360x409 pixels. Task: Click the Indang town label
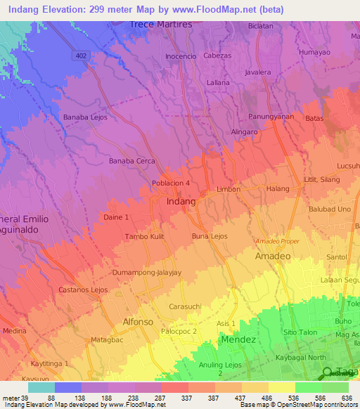tap(181, 202)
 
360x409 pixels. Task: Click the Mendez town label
tap(239, 339)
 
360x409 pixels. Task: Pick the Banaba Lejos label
tap(85, 117)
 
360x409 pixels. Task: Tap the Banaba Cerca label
tap(131, 161)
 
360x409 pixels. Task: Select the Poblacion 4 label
tap(171, 183)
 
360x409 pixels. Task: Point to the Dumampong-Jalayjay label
tap(147, 272)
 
